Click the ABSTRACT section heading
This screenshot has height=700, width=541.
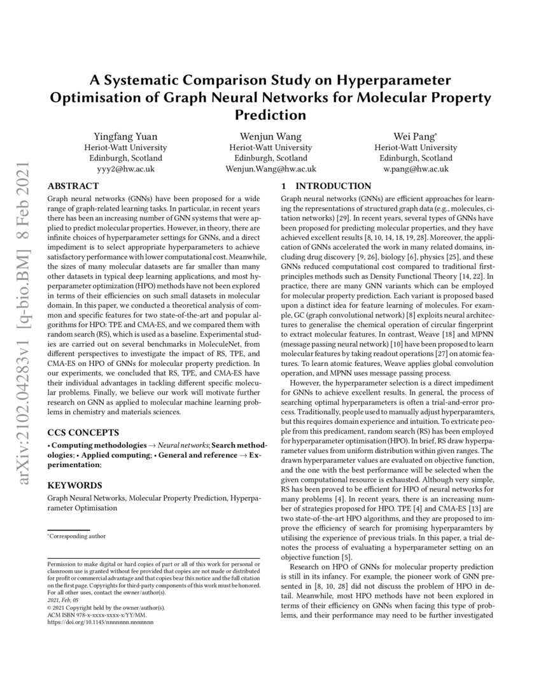point(73,186)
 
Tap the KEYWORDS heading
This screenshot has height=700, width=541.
point(74,484)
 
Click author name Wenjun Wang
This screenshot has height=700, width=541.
point(270,137)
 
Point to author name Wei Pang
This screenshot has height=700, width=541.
point(415,137)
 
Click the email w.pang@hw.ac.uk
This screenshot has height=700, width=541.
point(416,169)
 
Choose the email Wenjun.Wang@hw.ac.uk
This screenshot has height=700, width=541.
point(270,169)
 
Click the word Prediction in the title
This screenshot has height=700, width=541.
point(270,115)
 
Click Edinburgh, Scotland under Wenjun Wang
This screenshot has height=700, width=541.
point(270,158)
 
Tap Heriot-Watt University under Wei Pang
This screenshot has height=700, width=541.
point(416,148)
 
